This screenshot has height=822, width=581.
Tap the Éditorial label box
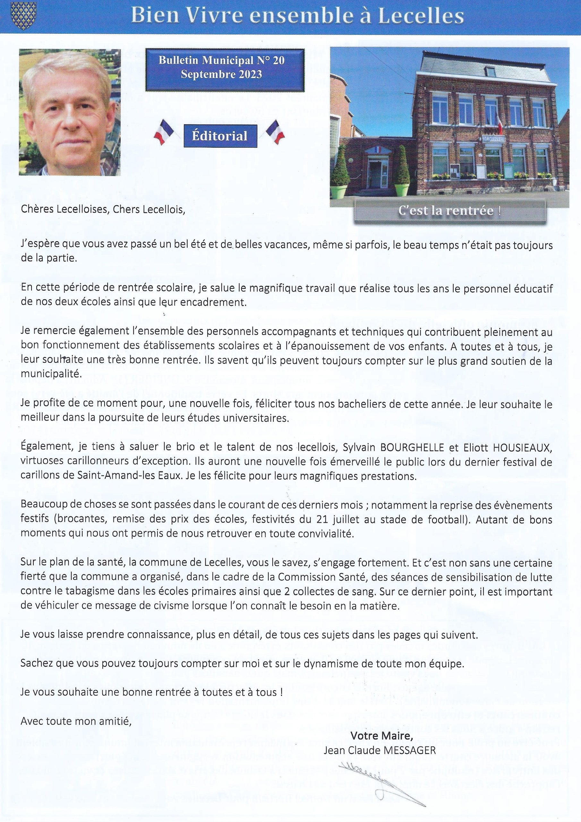click(x=220, y=136)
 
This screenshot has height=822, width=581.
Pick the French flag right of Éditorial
click(x=276, y=131)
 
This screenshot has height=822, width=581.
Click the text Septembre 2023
click(x=221, y=74)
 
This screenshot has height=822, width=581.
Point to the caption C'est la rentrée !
click(x=449, y=211)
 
